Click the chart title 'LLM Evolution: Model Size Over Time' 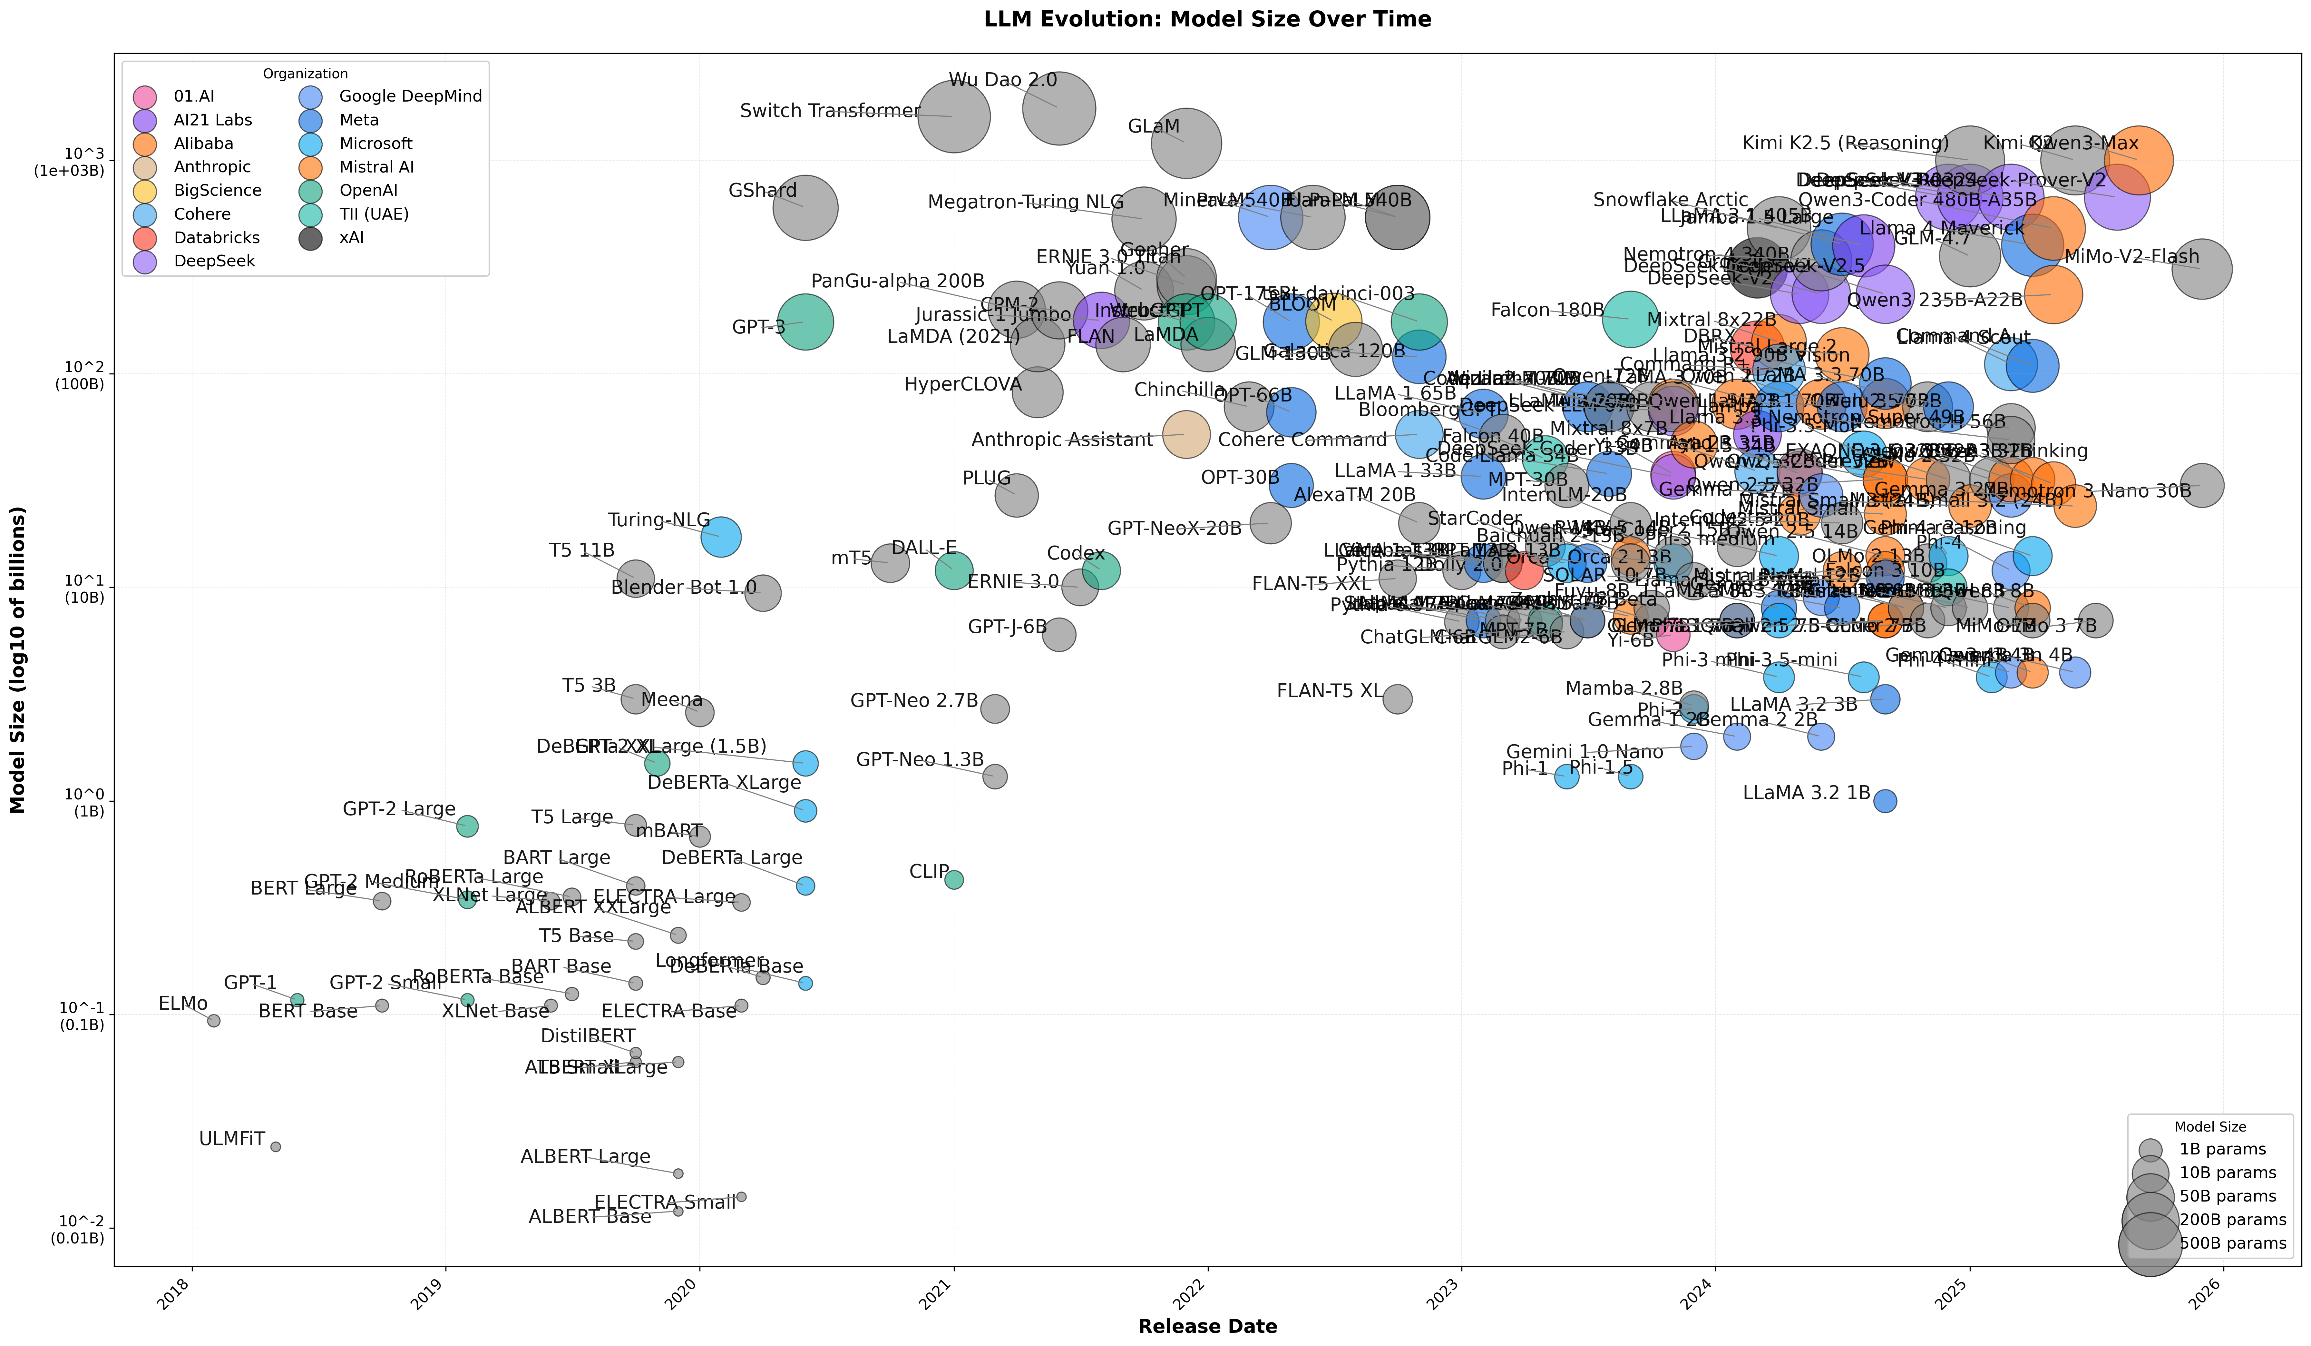point(1207,19)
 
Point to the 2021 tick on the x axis point(954,1266)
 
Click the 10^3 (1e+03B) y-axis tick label point(70,162)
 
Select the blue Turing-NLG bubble point(721,537)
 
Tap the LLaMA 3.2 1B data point point(1885,801)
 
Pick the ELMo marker point(214,1020)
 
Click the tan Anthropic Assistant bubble point(1186,434)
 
